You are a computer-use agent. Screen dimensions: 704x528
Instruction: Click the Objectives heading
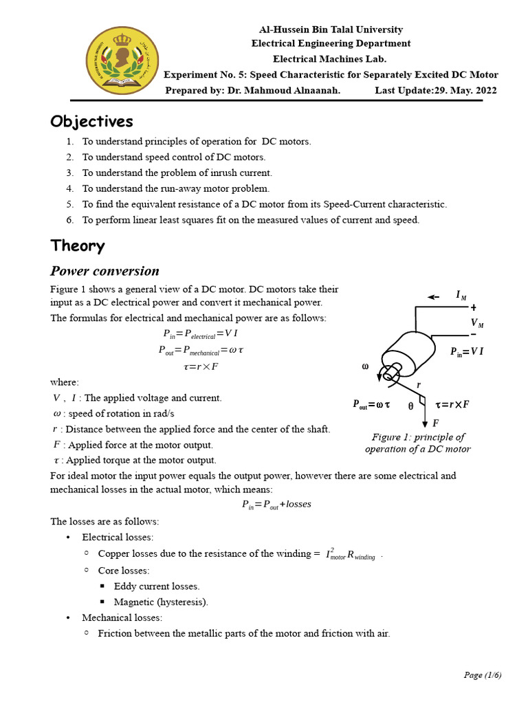pos(91,122)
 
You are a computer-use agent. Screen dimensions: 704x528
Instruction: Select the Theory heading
pos(77,245)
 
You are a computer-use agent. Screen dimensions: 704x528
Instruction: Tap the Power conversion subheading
pos(104,271)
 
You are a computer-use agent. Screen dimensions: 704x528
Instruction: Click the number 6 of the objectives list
pos(69,220)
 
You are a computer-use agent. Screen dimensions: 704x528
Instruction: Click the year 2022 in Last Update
pos(483,91)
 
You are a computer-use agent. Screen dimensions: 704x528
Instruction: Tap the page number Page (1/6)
pos(482,674)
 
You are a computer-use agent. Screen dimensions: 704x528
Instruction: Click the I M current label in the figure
pos(461,295)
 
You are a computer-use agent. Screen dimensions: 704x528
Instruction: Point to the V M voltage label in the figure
pos(476,323)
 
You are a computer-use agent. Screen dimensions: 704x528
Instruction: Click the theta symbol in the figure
pos(410,406)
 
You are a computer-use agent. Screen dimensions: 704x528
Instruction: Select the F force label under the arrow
pos(435,423)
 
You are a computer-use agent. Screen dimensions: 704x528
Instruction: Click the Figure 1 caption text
pos(417,443)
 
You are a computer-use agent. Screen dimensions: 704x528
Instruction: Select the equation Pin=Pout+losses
pos(276,504)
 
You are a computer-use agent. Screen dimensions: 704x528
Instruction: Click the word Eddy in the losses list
pos(126,586)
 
